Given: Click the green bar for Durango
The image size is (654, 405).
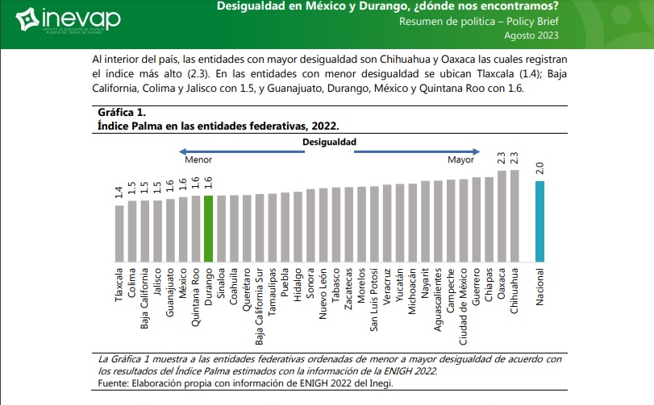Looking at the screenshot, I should pyautogui.click(x=208, y=229).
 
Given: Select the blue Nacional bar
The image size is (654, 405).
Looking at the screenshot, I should pyautogui.click(x=539, y=221).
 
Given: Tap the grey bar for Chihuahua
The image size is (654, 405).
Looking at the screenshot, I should pyautogui.click(x=514, y=216).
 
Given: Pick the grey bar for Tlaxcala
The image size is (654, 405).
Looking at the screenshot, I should pyautogui.click(x=119, y=233).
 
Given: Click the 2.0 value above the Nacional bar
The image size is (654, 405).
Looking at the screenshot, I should pyautogui.click(x=539, y=168).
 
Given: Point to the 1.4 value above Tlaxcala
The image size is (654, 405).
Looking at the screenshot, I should pyautogui.click(x=119, y=192).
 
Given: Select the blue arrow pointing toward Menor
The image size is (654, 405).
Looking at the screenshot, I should pyautogui.click(x=241, y=150).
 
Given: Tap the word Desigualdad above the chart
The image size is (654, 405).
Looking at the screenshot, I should pyautogui.click(x=329, y=141).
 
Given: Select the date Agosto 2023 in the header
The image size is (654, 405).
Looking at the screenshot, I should pyautogui.click(x=530, y=35).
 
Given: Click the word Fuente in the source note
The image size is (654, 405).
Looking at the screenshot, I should pyautogui.click(x=110, y=383).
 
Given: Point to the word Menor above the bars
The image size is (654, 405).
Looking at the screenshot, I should pyautogui.click(x=198, y=160).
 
